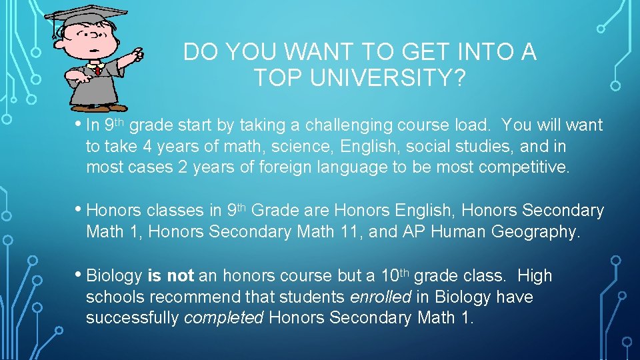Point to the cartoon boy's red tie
pos(98,69)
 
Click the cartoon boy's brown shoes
pos(99,107)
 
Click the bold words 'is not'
pos(171,276)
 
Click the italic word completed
pos(224,317)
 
